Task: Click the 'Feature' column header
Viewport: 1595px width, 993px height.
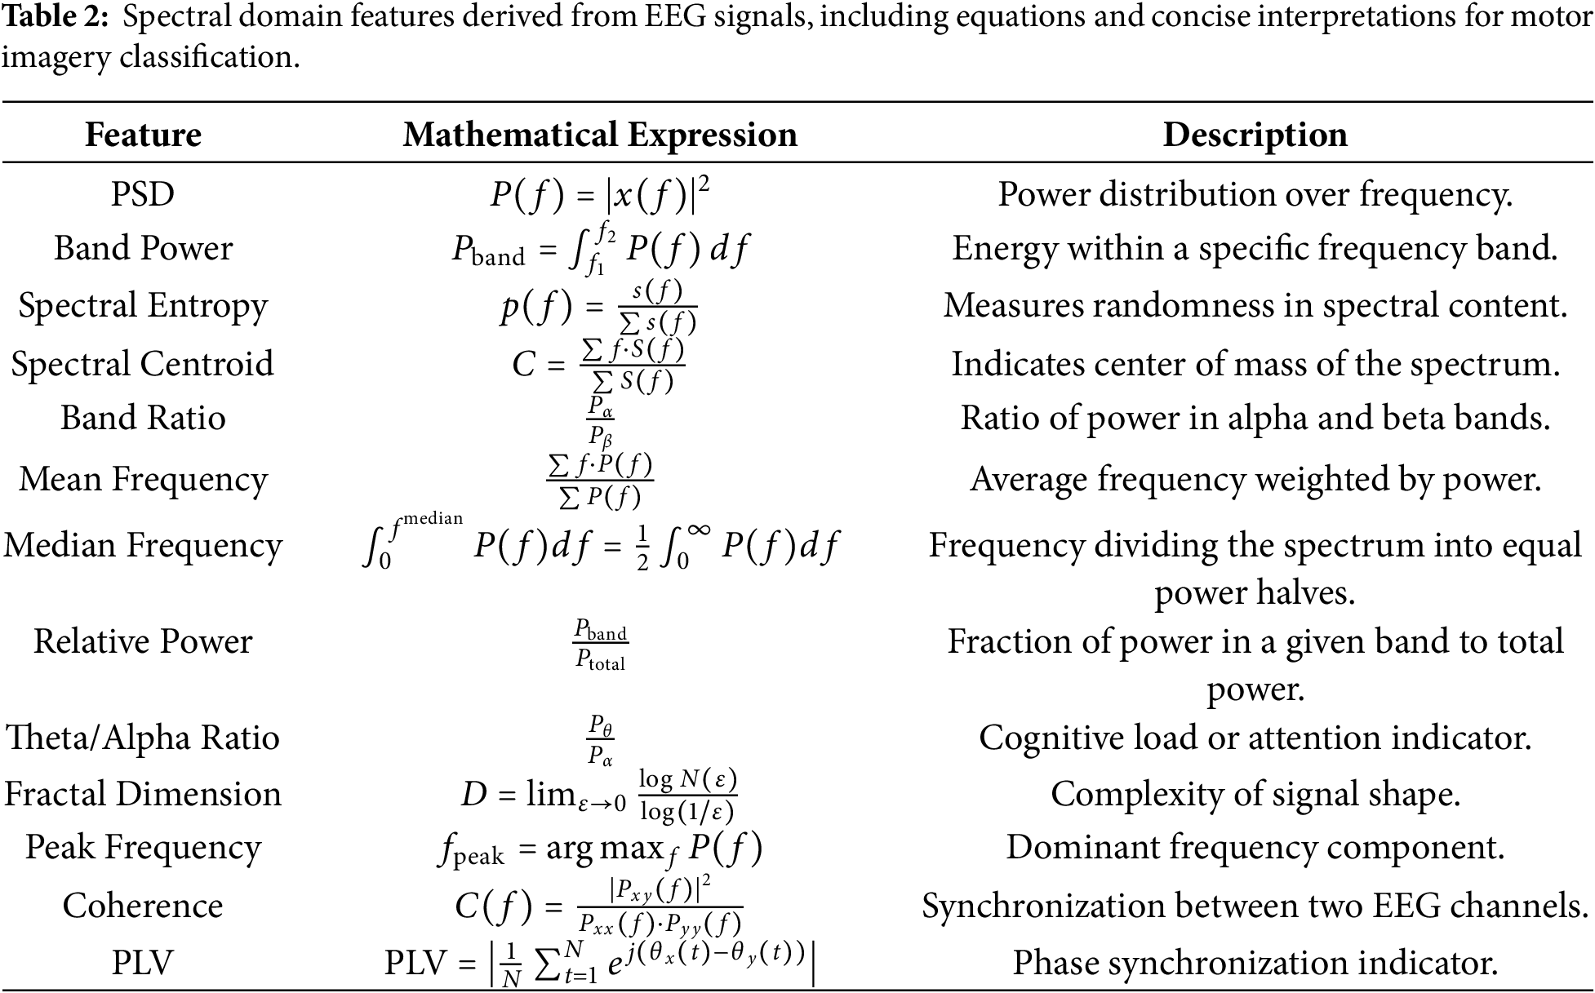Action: [143, 135]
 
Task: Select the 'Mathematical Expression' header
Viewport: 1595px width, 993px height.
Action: [600, 135]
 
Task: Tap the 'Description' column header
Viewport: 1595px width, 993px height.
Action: [1255, 135]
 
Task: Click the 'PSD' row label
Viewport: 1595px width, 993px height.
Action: [143, 194]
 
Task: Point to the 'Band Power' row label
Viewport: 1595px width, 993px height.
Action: [143, 248]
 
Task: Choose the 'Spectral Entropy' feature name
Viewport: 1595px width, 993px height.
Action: [143, 305]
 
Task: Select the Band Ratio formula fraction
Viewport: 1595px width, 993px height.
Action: [601, 419]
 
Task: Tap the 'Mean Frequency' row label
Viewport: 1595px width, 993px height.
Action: [143, 479]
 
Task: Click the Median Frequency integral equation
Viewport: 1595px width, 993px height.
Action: [600, 545]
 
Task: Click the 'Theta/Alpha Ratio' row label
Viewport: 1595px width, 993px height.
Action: [143, 737]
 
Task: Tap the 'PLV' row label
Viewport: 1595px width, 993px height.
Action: [143, 963]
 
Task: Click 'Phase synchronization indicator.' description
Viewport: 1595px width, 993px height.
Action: [1255, 963]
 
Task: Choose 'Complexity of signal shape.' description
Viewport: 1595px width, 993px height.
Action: [1255, 794]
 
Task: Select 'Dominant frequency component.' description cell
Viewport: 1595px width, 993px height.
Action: [1255, 847]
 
